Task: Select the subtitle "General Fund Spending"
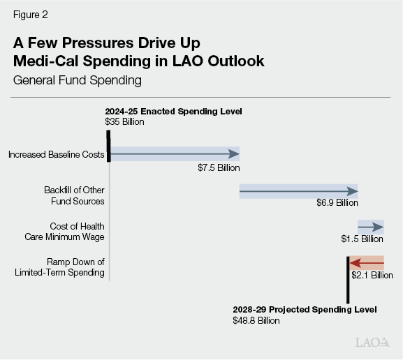(x=78, y=80)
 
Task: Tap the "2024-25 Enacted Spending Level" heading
(x=173, y=112)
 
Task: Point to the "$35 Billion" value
(x=124, y=121)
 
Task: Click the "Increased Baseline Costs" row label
(x=57, y=154)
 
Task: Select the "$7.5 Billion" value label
(x=218, y=167)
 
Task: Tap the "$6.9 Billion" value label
(x=337, y=202)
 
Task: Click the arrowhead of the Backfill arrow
(x=353, y=190)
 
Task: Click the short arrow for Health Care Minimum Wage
(x=371, y=227)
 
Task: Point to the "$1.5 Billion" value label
(x=362, y=239)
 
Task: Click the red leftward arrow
(x=366, y=263)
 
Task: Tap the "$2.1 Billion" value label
(x=372, y=275)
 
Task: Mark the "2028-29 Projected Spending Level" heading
(x=304, y=310)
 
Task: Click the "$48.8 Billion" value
(x=256, y=320)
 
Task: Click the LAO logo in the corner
(x=372, y=343)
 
